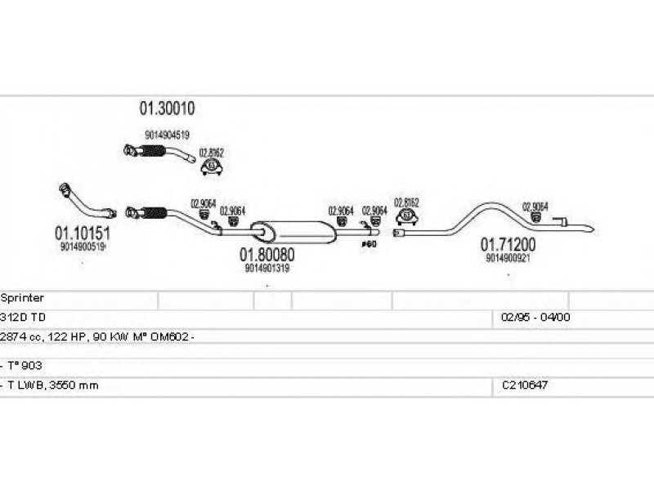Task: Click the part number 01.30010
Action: point(171,109)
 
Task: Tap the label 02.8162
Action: point(211,153)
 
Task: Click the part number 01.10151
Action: point(83,233)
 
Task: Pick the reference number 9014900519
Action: point(82,246)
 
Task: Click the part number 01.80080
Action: point(267,254)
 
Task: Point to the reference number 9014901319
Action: point(267,267)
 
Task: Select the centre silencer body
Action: point(293,230)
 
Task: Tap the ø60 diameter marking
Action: point(369,243)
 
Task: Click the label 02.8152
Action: point(406,203)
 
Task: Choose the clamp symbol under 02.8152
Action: point(406,216)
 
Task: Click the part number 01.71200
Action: point(508,244)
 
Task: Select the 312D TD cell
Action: point(25,318)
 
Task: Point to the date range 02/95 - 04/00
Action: point(535,318)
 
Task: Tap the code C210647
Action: point(525,385)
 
